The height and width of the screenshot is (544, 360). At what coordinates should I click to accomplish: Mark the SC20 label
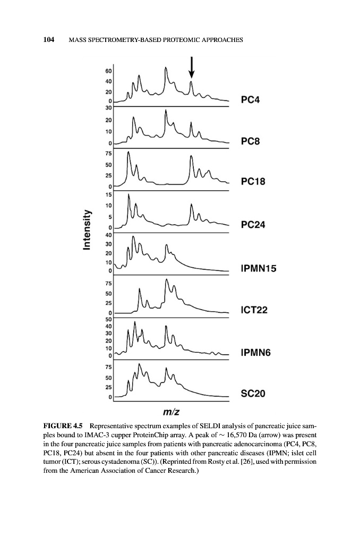253,394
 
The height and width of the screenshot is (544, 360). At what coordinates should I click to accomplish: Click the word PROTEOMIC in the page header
173,41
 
